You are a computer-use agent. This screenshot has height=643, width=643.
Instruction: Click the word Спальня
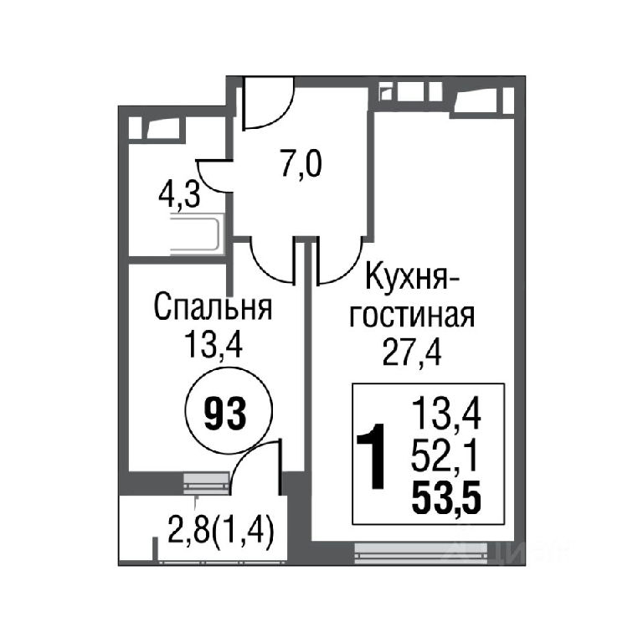213,307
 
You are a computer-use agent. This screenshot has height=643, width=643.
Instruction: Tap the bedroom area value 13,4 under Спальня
213,344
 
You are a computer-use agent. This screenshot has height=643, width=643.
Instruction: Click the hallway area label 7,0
301,163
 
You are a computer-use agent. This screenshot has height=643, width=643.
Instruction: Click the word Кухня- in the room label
413,277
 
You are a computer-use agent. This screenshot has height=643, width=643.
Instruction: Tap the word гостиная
412,315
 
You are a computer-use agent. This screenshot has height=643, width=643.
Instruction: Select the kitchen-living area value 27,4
412,352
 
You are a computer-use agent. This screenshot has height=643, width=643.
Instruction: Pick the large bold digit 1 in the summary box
373,456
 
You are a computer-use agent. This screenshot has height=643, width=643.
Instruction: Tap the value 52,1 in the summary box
445,456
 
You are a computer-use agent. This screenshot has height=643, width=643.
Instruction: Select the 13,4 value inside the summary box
446,414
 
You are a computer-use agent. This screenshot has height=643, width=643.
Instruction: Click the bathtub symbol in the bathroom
197,234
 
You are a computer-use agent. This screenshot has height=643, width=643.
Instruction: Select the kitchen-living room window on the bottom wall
421,553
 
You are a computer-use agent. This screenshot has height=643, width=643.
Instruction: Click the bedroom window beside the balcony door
206,483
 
